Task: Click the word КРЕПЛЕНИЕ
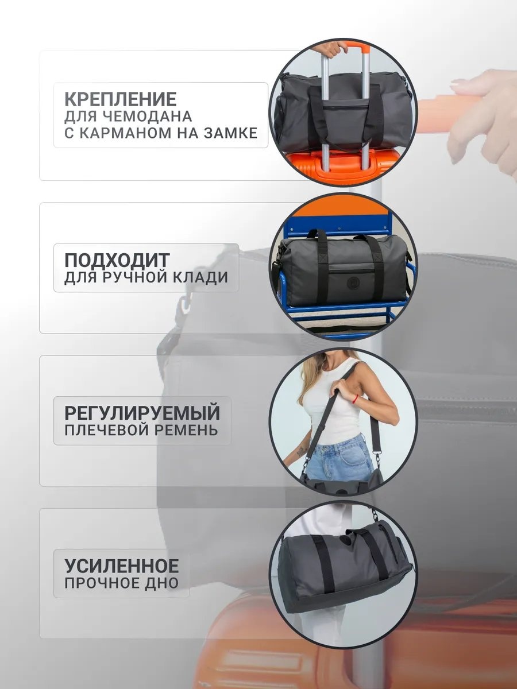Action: point(121,99)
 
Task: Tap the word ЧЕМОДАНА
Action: point(147,117)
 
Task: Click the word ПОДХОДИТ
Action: point(117,260)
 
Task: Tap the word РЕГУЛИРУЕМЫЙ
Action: point(142,413)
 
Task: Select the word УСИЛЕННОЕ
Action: point(121,566)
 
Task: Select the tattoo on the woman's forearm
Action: point(302,451)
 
